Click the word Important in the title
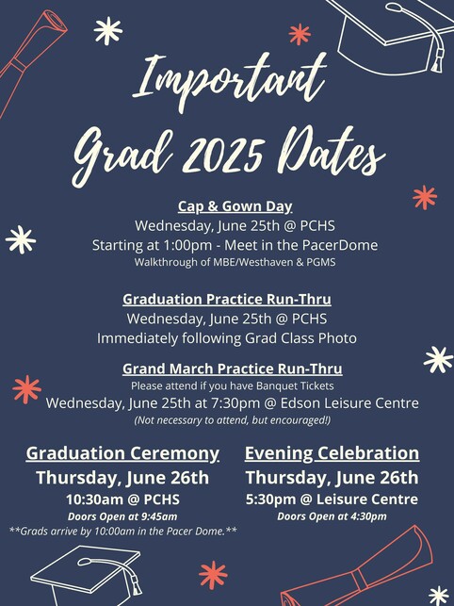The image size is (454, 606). [230, 80]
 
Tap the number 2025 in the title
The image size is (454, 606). [224, 154]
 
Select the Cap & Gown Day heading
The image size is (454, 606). [235, 206]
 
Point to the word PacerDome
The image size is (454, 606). [340, 245]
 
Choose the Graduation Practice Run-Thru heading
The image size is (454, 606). [227, 300]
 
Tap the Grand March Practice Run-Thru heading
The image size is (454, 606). [233, 369]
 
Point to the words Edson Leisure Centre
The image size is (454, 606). [349, 403]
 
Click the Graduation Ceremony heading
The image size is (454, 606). [122, 453]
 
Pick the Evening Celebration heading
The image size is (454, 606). [332, 453]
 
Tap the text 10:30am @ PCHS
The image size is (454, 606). [122, 500]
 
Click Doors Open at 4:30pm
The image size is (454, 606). [332, 516]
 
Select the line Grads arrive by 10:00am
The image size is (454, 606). [122, 531]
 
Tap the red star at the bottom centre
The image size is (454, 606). [213, 575]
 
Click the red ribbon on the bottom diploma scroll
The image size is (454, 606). [360, 579]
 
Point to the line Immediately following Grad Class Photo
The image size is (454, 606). [227, 338]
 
